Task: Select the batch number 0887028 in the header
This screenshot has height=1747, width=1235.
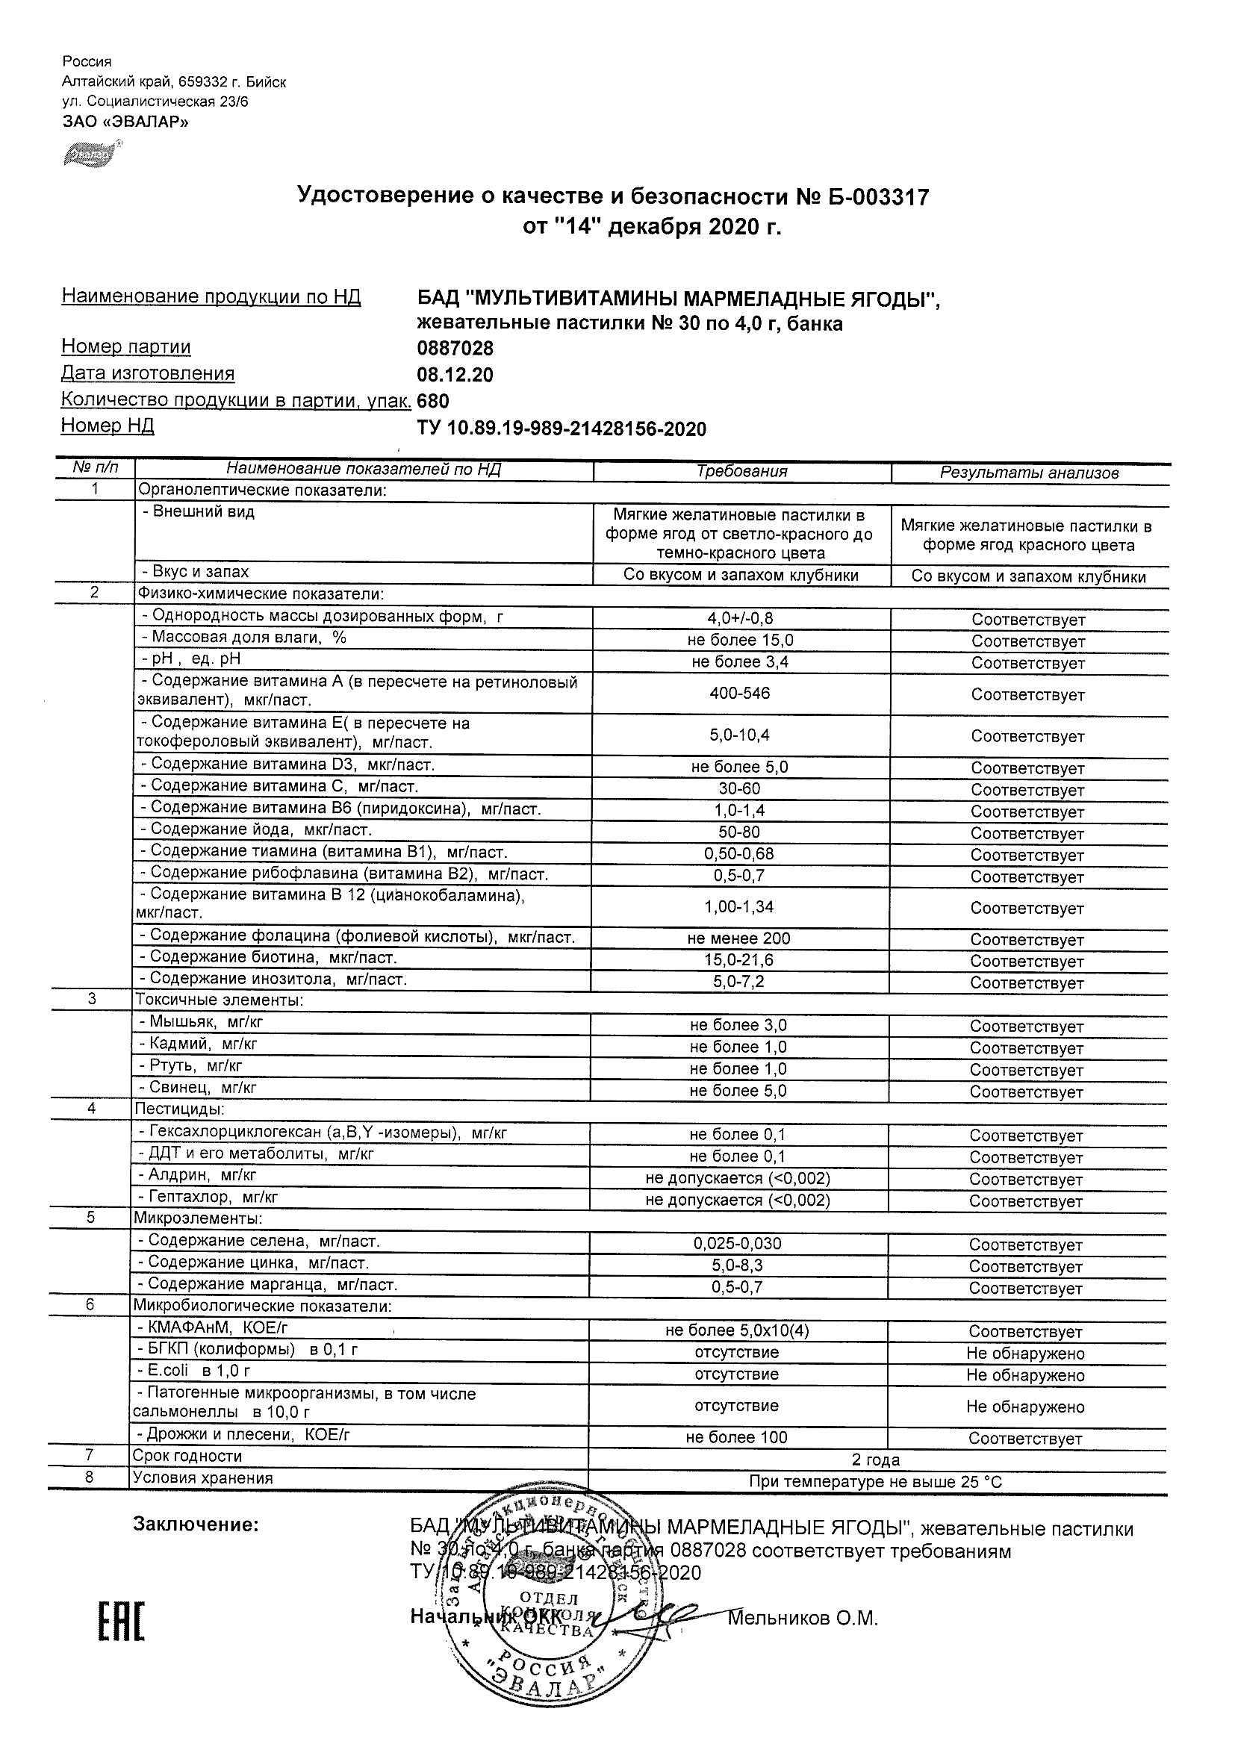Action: pyautogui.click(x=455, y=349)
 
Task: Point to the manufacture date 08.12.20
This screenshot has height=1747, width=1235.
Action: pyautogui.click(x=455, y=375)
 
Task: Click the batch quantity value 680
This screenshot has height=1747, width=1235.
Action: pyautogui.click(x=433, y=401)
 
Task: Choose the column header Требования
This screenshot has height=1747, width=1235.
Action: pyautogui.click(x=741, y=472)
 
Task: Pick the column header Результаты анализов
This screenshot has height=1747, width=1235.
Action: pyautogui.click(x=1029, y=473)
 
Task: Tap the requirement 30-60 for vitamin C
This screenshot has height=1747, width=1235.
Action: pyautogui.click(x=739, y=789)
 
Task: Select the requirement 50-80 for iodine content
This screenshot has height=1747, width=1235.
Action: pyautogui.click(x=739, y=832)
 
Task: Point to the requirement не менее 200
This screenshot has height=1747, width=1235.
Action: pyautogui.click(x=738, y=939)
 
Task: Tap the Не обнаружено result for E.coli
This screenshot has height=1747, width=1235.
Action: pyautogui.click(x=1025, y=1375)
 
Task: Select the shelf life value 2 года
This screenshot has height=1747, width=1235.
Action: pyautogui.click(x=875, y=1460)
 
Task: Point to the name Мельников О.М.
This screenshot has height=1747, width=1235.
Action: pyautogui.click(x=803, y=1619)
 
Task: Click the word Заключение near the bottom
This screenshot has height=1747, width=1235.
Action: pyautogui.click(x=196, y=1524)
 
